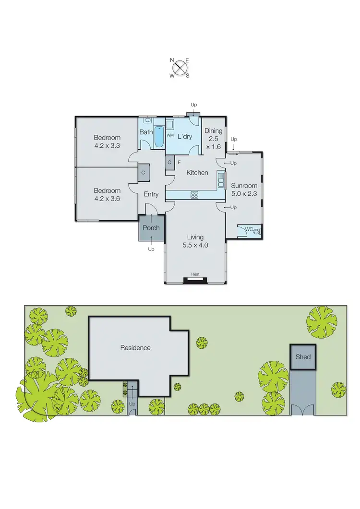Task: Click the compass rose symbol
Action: [180, 67]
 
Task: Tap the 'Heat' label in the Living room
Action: [195, 274]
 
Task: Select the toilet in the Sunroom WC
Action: [257, 231]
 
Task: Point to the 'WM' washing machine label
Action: [169, 136]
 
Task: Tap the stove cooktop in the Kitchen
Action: [195, 195]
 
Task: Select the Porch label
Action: [151, 228]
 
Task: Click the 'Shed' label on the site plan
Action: [303, 357]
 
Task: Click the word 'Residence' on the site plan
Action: [135, 348]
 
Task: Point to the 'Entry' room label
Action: [151, 194]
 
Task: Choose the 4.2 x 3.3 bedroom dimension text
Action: [107, 146]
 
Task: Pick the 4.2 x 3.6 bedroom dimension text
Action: [107, 198]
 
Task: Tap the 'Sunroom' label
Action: [244, 186]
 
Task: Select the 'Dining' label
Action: [214, 130]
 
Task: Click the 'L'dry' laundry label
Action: [185, 137]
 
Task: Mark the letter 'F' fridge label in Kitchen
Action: [179, 162]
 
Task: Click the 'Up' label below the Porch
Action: [151, 249]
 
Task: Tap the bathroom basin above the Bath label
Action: [147, 121]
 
